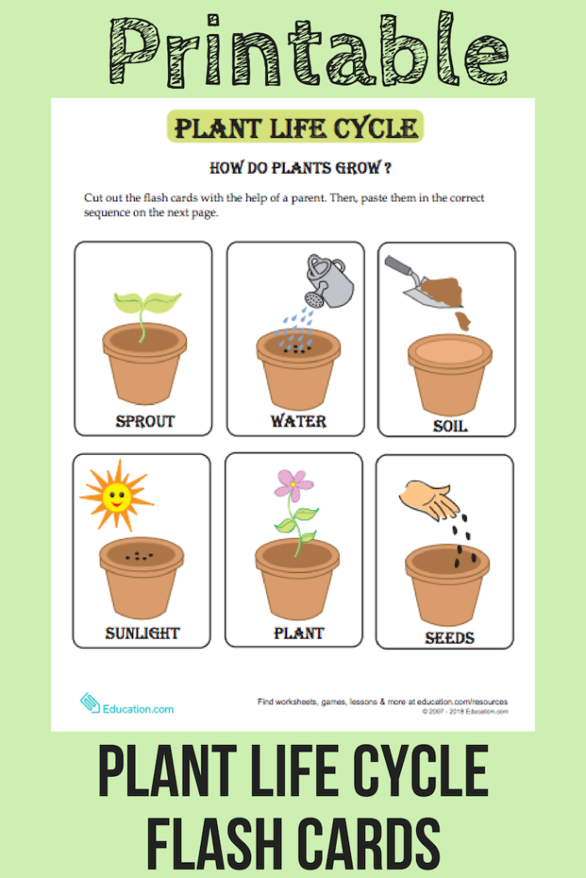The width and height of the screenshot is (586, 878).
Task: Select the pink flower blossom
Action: (293, 483)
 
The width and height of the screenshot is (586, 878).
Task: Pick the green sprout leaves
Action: (146, 304)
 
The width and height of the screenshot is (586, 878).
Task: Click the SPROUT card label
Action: (144, 421)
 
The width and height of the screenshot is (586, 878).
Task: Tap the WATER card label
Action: (298, 421)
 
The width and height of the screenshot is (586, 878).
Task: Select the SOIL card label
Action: (450, 426)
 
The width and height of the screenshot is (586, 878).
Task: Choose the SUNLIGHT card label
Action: (142, 633)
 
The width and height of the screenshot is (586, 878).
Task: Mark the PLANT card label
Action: (299, 633)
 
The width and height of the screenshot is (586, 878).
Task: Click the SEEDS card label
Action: (450, 637)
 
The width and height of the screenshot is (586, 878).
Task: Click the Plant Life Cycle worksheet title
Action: (296, 128)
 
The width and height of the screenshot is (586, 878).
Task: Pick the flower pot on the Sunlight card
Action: (141, 577)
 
